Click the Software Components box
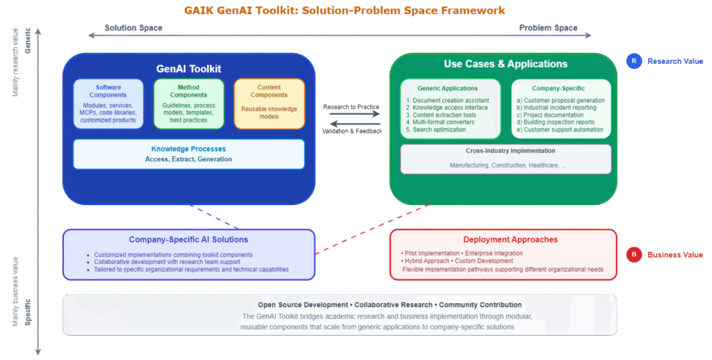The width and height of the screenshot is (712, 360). (x=108, y=104)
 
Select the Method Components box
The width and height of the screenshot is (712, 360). (x=188, y=104)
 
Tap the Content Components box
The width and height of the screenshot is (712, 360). (x=269, y=104)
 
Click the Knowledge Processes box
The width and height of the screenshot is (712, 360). (x=188, y=154)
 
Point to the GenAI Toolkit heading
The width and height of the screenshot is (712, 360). (x=188, y=69)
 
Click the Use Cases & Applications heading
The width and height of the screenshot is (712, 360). (x=505, y=64)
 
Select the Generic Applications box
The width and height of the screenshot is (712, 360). (x=450, y=108)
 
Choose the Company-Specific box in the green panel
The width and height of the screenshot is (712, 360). (x=561, y=108)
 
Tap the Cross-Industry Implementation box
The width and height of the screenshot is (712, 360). (x=505, y=158)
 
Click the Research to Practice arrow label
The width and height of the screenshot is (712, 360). (x=351, y=107)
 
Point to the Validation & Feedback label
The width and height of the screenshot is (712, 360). (x=351, y=131)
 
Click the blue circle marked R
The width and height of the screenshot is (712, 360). (x=633, y=61)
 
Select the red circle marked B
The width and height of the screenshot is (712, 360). (x=633, y=254)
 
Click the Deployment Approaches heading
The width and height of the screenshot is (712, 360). (x=502, y=240)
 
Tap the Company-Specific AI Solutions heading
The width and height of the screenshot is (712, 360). (x=188, y=240)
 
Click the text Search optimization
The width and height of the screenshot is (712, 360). (x=440, y=130)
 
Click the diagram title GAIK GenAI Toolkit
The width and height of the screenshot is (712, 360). (x=344, y=10)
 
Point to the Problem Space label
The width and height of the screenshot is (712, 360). (x=548, y=28)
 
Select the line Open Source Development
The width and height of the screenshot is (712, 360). (x=302, y=305)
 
